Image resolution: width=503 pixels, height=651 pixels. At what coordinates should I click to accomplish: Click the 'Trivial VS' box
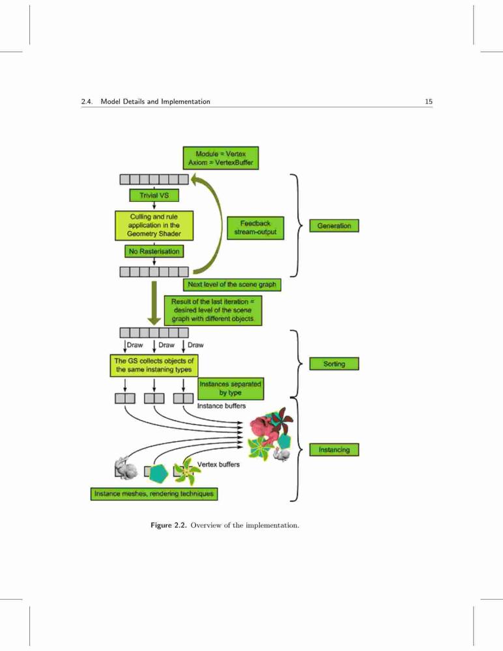click(154, 195)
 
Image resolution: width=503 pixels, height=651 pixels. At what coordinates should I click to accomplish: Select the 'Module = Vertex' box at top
click(221, 158)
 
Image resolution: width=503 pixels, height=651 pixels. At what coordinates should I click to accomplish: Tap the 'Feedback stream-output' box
click(255, 228)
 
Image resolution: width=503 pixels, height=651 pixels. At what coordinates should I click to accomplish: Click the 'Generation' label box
click(334, 226)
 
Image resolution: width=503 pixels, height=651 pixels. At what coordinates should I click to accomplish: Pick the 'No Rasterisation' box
click(154, 251)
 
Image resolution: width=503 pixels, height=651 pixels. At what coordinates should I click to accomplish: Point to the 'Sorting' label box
click(334, 364)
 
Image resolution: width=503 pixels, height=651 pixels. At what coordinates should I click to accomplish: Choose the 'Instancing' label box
click(334, 450)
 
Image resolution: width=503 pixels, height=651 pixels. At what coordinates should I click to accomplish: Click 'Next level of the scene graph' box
click(232, 284)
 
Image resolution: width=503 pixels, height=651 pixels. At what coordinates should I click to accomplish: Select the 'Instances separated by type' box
click(230, 389)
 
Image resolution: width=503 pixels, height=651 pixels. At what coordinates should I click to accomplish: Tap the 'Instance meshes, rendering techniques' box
click(154, 493)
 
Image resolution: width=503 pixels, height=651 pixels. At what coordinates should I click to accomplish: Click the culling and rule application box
click(154, 225)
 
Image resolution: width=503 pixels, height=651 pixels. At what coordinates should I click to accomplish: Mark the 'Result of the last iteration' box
click(213, 310)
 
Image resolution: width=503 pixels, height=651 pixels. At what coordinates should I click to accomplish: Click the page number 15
click(429, 102)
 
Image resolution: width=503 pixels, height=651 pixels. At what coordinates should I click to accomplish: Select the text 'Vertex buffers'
click(218, 464)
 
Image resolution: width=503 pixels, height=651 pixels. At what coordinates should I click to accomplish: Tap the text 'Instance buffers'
click(221, 406)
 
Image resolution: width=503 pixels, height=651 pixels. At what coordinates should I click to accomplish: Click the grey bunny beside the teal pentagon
click(125, 468)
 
